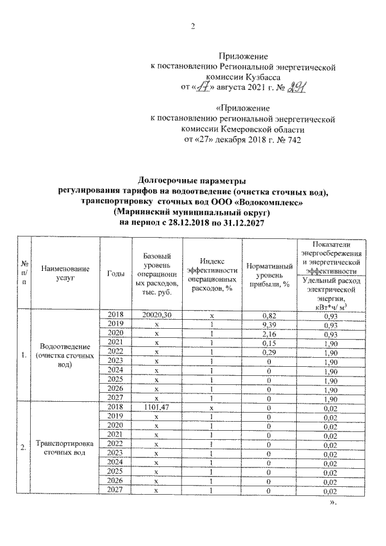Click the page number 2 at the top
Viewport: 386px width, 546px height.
point(193,27)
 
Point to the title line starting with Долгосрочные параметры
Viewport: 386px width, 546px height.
point(193,181)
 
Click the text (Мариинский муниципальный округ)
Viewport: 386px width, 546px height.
point(193,212)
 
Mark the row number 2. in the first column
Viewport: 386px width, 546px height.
point(22,447)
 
